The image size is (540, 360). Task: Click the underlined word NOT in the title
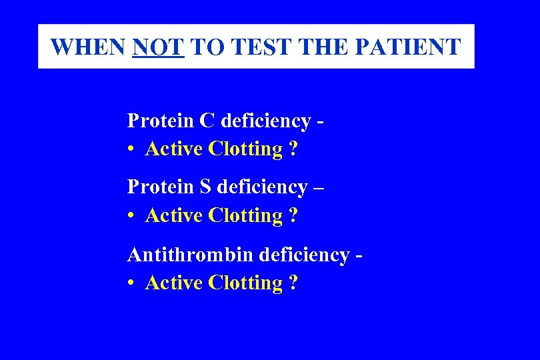tap(158, 47)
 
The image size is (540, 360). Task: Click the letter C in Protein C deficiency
tap(207, 121)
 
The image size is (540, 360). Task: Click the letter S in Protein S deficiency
tap(206, 187)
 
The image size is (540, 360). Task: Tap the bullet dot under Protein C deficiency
tap(133, 150)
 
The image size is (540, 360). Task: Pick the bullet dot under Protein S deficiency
tap(133, 217)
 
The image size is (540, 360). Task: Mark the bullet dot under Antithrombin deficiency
tap(133, 284)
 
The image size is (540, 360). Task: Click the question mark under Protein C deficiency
tap(293, 149)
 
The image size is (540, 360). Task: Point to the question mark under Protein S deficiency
tap(293, 215)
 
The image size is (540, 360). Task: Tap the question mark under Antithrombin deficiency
tap(293, 283)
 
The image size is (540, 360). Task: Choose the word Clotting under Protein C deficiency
tap(245, 149)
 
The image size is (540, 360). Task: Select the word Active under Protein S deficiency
tap(174, 215)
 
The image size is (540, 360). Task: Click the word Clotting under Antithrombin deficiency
tap(245, 283)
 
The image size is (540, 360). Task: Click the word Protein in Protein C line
tap(160, 121)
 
